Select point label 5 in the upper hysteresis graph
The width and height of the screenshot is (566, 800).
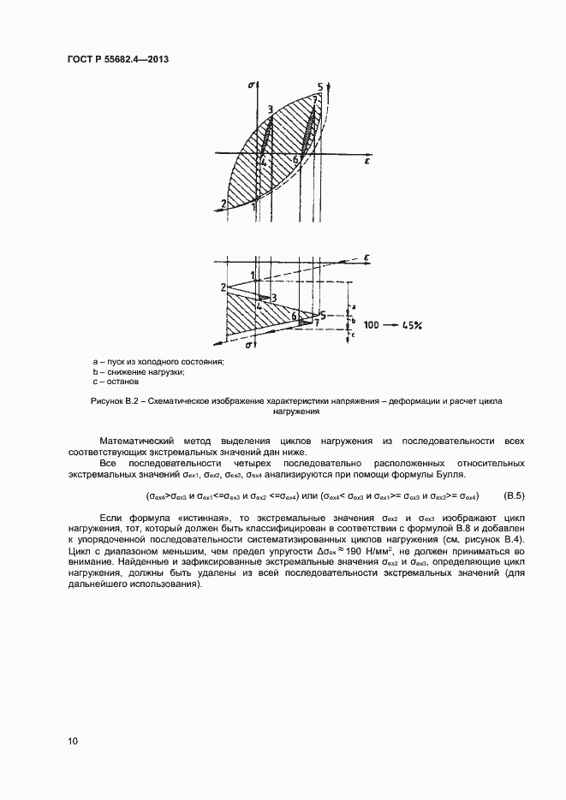click(319, 87)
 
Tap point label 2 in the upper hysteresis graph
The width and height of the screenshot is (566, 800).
click(223, 204)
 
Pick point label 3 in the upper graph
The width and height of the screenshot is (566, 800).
click(270, 109)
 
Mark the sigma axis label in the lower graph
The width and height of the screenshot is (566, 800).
click(248, 345)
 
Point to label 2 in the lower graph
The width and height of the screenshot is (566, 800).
click(222, 287)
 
